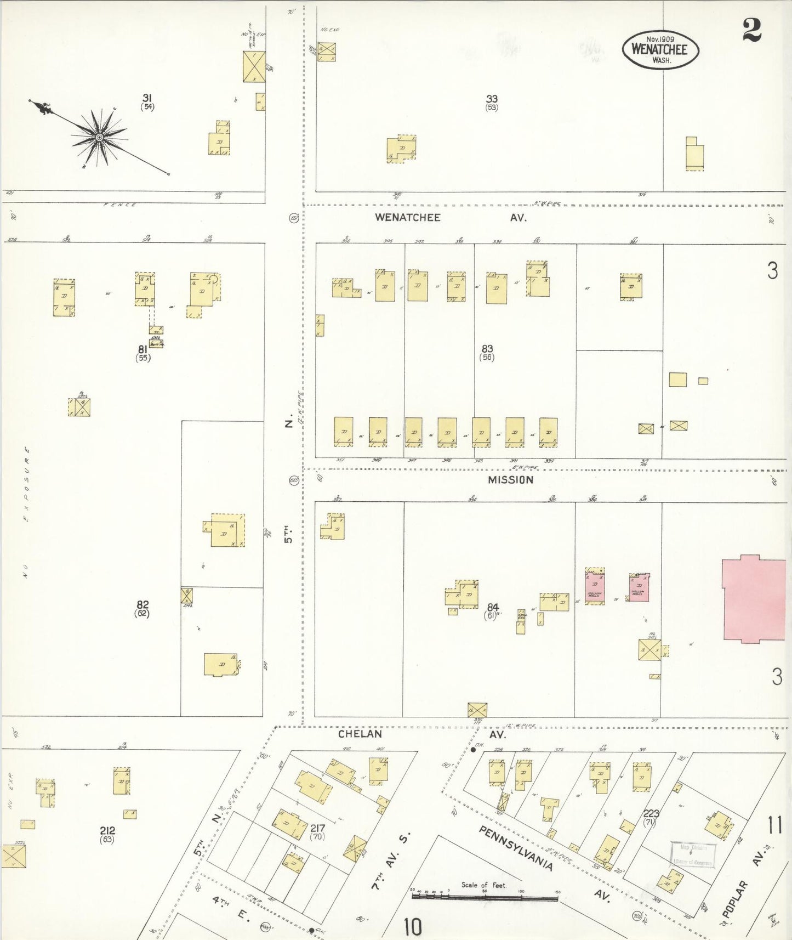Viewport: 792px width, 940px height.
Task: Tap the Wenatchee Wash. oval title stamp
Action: point(660,49)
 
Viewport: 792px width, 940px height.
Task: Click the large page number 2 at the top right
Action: point(752,30)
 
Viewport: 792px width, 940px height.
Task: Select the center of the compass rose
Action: point(99,137)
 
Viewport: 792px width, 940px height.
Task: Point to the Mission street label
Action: point(510,480)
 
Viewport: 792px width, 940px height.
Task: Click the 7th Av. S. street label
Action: point(393,859)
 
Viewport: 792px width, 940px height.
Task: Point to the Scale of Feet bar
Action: point(485,897)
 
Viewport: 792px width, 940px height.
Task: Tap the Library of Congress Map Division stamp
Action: point(693,854)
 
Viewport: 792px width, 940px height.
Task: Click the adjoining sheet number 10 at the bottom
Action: point(413,927)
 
